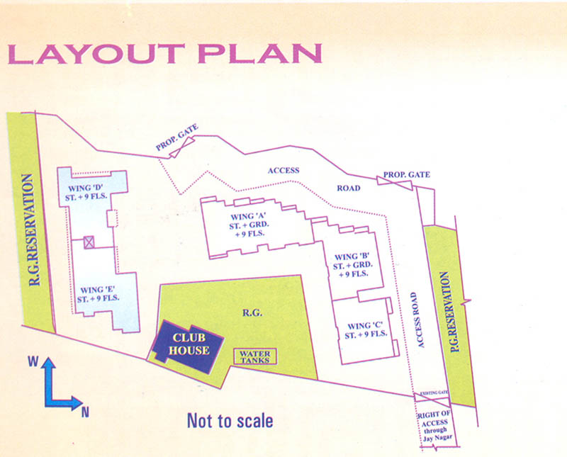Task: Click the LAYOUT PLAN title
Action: [x=164, y=55]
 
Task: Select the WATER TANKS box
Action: [x=255, y=356]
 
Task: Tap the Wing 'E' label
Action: [x=99, y=293]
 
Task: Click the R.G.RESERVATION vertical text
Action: [x=30, y=225]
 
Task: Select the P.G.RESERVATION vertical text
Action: [x=446, y=312]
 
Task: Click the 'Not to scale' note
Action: [x=230, y=421]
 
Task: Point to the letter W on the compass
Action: [x=33, y=361]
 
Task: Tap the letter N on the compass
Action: [x=84, y=412]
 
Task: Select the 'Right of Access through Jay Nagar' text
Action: [x=435, y=423]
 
